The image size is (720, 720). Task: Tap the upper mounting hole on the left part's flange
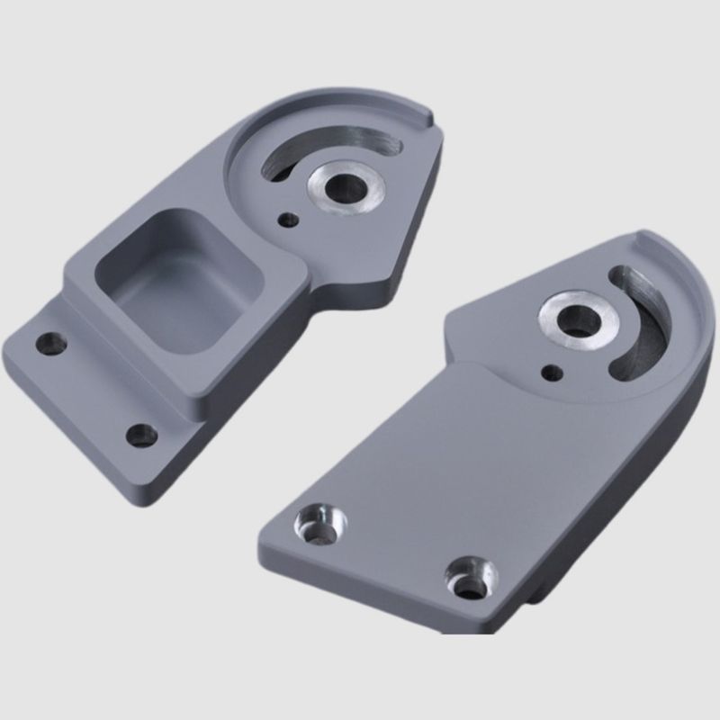(51, 343)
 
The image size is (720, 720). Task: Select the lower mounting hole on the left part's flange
(140, 436)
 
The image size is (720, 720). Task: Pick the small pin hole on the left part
(287, 219)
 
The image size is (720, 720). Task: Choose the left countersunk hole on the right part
(315, 524)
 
